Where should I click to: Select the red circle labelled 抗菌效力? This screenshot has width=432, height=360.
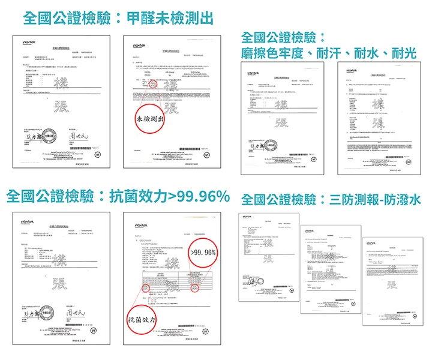tap(143, 322)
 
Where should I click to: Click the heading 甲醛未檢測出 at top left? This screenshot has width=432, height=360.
tap(171, 19)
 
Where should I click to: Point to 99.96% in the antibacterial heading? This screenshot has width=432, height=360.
tap(199, 196)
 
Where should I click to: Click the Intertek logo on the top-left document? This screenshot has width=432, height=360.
tap(30, 43)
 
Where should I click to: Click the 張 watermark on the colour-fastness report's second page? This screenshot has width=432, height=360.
tap(380, 124)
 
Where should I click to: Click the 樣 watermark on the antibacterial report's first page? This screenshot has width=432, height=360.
tap(60, 260)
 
